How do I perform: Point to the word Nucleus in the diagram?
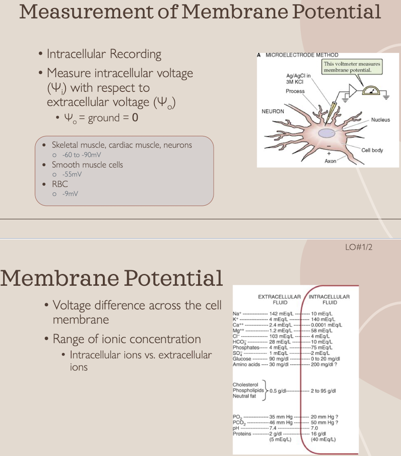[380, 120]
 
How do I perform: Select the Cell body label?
[372, 150]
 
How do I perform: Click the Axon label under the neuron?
[331, 161]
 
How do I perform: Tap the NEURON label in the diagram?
[273, 111]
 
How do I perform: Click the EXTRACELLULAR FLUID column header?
[280, 299]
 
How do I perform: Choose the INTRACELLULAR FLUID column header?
[330, 299]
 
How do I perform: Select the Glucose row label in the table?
[242, 358]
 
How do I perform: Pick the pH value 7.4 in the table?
[272, 428]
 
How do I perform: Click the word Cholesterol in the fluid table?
[246, 384]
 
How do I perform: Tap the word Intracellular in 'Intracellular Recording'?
[75, 54]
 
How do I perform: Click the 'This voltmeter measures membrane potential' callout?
[352, 67]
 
